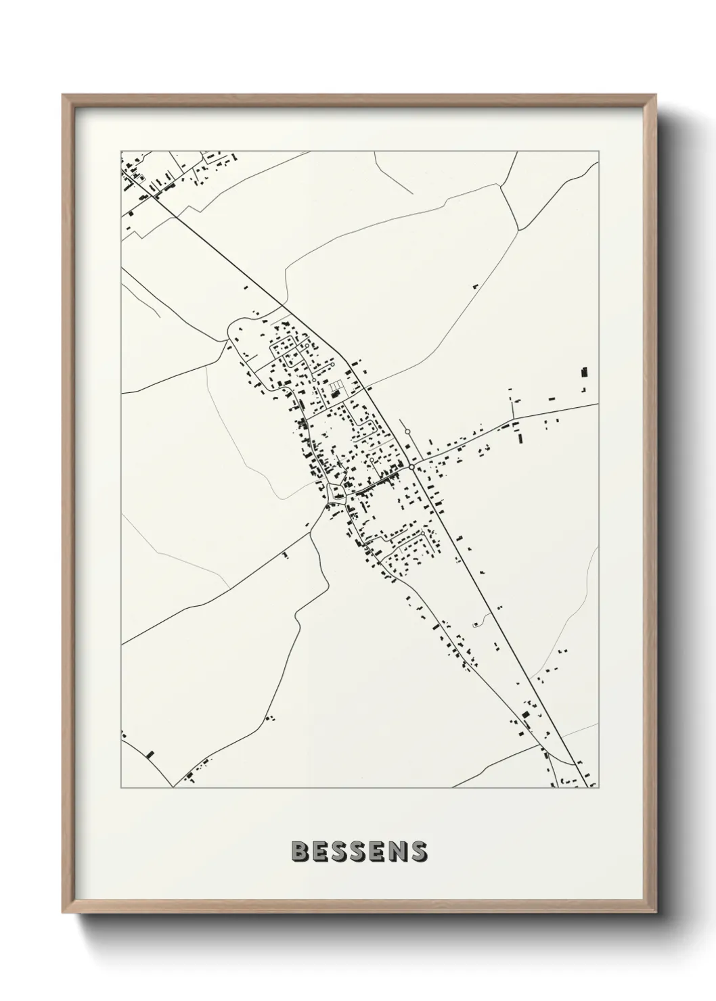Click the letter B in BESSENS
click(299, 852)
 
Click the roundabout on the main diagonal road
click(411, 466)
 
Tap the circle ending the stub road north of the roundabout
click(407, 431)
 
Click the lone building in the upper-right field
click(474, 287)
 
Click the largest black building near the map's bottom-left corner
click(150, 753)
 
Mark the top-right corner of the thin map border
click(599, 151)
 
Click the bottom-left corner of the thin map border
click(120, 788)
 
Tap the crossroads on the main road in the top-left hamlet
click(156, 196)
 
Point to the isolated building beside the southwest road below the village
click(286, 555)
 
